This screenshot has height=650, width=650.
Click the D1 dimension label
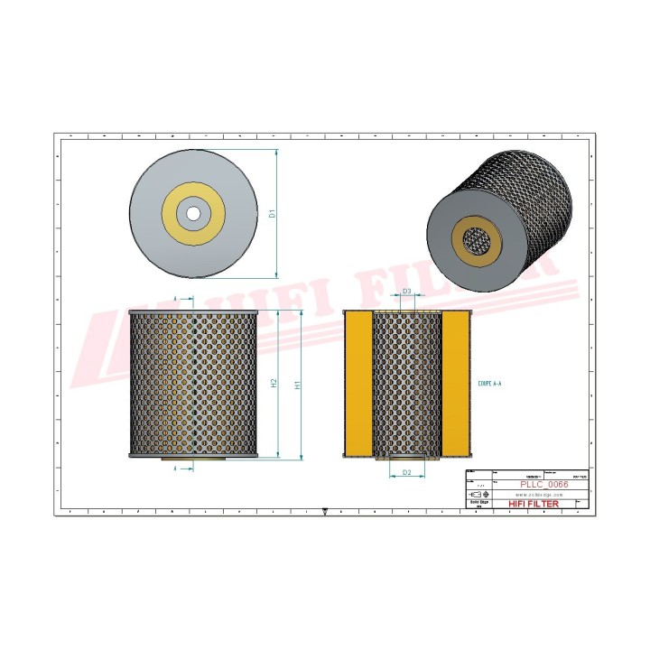point(272,215)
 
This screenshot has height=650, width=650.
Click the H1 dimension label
point(298,384)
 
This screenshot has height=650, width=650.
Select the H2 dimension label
point(274,384)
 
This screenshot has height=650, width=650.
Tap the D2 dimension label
point(406,472)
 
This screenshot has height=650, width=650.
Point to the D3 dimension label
point(407,292)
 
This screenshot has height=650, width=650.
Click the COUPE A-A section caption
point(489,384)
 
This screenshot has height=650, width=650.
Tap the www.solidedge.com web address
point(539,496)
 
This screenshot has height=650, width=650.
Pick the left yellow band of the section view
point(358,384)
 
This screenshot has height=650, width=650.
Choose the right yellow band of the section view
point(455,384)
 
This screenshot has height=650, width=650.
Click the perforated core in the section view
point(407,384)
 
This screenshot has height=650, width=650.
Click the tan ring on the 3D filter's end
point(458,244)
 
